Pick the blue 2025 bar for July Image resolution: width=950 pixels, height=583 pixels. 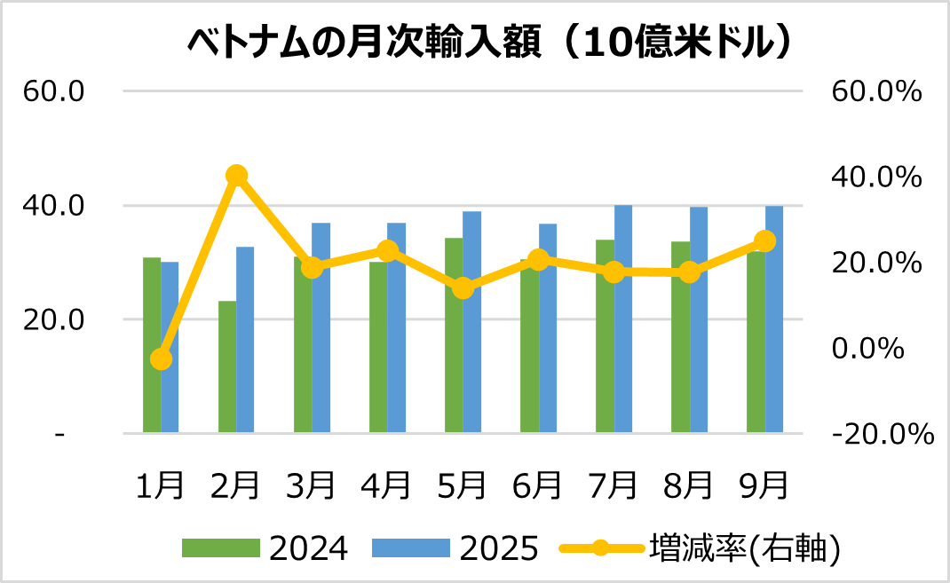pyautogui.click(x=623, y=319)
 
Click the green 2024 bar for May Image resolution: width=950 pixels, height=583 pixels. pyautogui.click(x=454, y=355)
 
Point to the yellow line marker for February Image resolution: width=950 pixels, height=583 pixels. pyautogui.click(x=236, y=176)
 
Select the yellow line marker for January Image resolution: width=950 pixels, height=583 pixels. pyautogui.click(x=161, y=359)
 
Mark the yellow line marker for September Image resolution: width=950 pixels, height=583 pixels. pyautogui.click(x=764, y=241)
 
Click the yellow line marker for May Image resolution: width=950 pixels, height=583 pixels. pyautogui.click(x=463, y=288)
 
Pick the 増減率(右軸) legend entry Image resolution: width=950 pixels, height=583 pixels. pyautogui.click(x=744, y=548)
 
